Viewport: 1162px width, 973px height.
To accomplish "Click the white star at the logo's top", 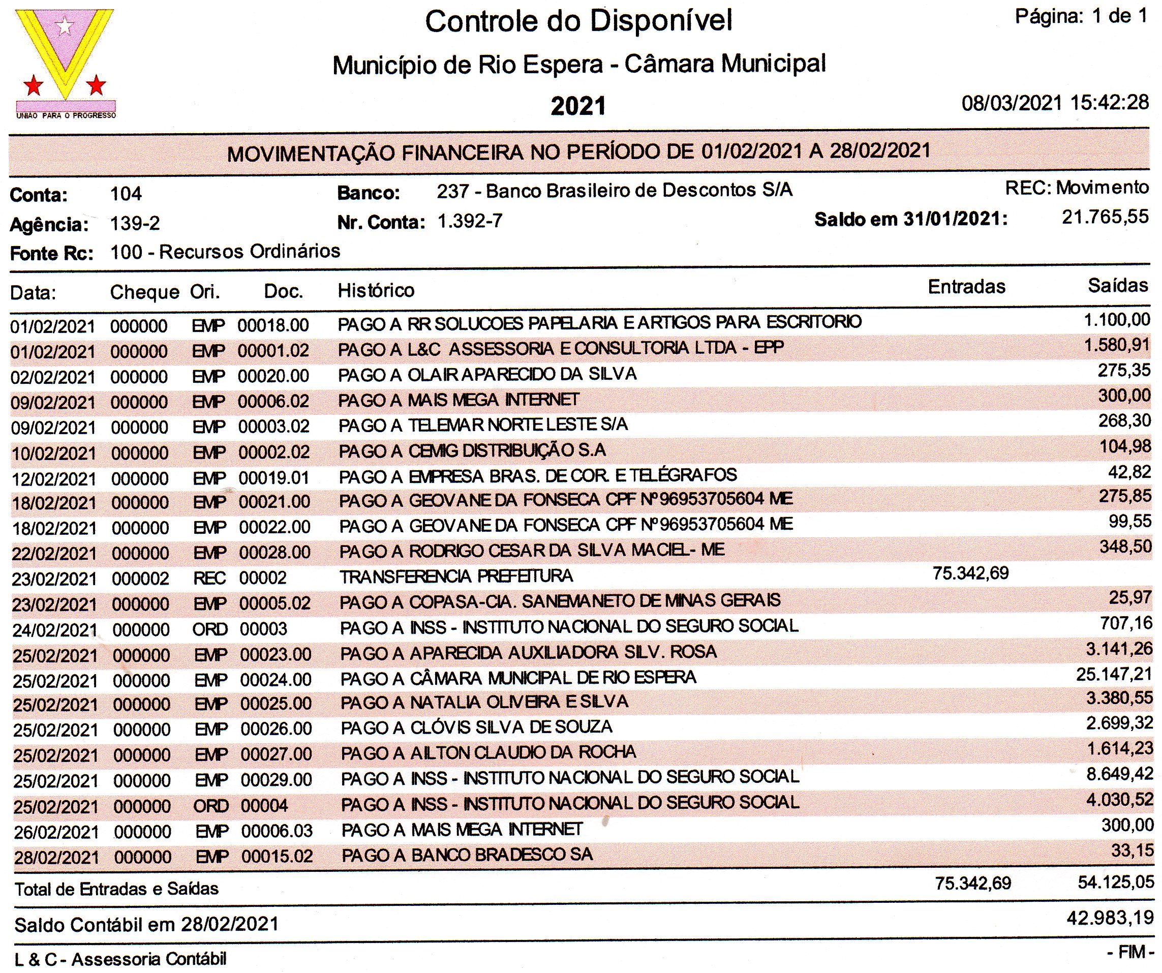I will pyautogui.click(x=65, y=25).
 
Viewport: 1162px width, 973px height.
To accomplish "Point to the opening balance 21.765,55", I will pyautogui.click(x=1105, y=217).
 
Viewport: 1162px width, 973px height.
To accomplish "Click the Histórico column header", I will pyautogui.click(x=376, y=290).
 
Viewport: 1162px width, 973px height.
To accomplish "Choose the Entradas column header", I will pyautogui.click(x=966, y=287).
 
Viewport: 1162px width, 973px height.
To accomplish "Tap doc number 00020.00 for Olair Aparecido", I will pyautogui.click(x=273, y=376).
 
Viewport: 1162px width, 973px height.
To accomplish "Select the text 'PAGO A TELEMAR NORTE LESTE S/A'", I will pyautogui.click(x=483, y=425).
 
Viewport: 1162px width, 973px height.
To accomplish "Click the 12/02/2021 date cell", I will pyautogui.click(x=54, y=479).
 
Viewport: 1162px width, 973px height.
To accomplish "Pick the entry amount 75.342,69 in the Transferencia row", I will pyautogui.click(x=970, y=573).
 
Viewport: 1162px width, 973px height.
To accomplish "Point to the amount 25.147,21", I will pyautogui.click(x=1114, y=675).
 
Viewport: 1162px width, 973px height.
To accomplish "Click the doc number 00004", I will pyautogui.click(x=264, y=806).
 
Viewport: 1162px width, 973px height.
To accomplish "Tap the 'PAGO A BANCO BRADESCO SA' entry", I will pyautogui.click(x=467, y=855).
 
